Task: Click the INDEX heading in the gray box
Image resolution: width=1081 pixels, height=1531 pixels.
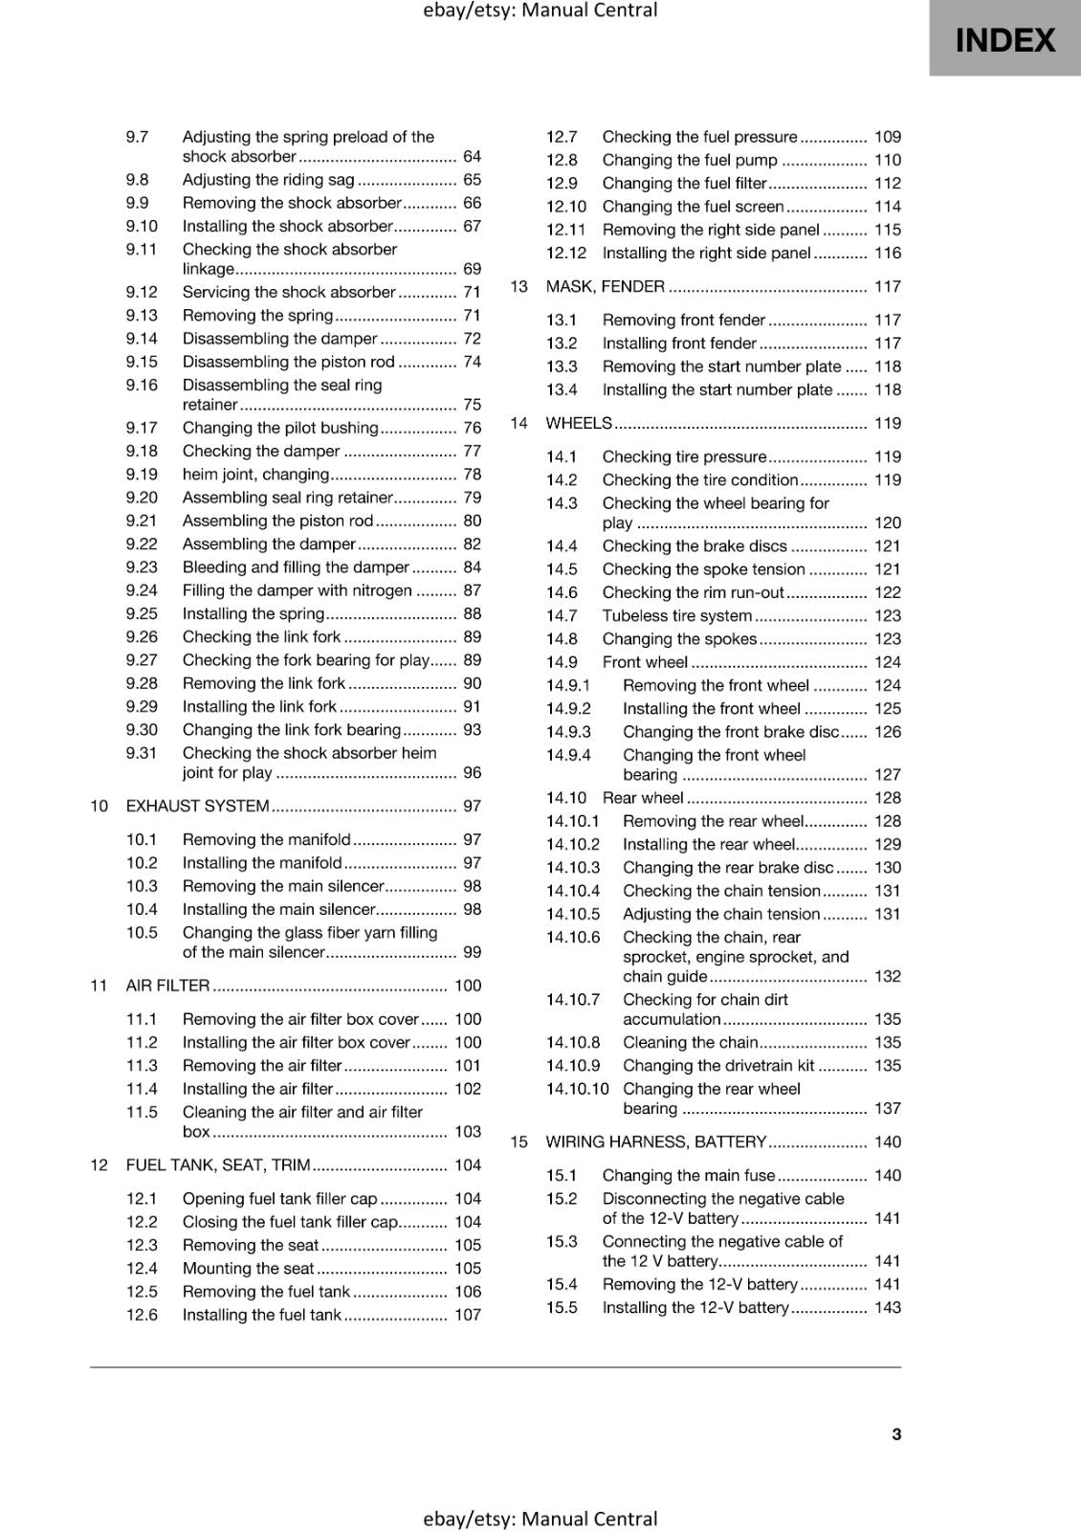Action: pos(1004,40)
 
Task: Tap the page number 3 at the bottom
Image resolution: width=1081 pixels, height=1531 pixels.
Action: pos(895,1433)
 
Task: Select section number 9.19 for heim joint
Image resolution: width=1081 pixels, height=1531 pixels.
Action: pos(142,475)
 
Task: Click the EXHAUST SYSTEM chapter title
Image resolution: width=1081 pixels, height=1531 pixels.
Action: pos(197,806)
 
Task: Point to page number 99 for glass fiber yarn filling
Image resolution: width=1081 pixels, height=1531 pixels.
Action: pos(472,952)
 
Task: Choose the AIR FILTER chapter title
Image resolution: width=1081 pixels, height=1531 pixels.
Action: pos(167,986)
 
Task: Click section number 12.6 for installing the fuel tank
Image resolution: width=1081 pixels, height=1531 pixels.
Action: pos(142,1315)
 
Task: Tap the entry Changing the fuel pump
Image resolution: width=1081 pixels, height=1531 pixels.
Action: pos(690,160)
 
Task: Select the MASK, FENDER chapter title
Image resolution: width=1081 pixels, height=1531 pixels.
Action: pos(605,286)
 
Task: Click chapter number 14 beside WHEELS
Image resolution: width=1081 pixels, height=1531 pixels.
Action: pos(518,423)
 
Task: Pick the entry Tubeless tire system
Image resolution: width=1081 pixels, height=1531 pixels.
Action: pos(676,615)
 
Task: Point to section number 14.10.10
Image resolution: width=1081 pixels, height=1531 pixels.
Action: pos(577,1089)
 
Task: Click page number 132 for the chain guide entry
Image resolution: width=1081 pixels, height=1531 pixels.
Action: pos(887,976)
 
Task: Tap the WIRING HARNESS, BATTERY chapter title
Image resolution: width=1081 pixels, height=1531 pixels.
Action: pos(655,1142)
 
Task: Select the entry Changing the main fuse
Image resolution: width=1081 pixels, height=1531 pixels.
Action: pos(688,1175)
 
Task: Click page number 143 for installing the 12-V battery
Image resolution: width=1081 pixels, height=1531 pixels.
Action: pos(887,1307)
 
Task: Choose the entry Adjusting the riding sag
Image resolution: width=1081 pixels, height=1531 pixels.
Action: pos(268,180)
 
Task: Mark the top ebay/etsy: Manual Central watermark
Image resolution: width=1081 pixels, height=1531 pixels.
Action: pos(540,11)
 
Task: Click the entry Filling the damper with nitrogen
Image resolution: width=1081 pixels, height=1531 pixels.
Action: pos(297,590)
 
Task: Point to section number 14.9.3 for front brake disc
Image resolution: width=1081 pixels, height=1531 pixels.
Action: pos(568,732)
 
